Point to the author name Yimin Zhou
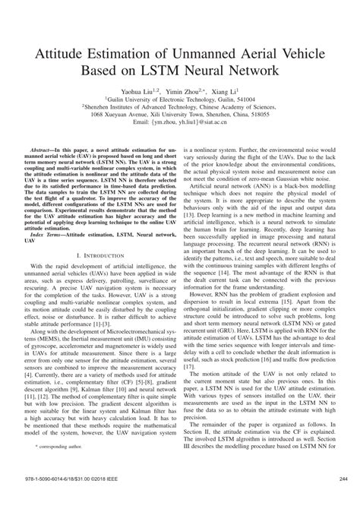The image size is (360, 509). pos(178,92)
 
